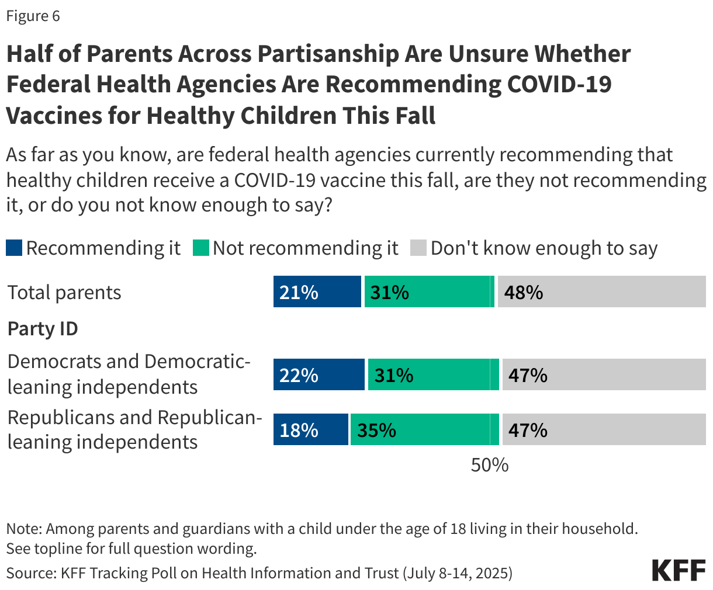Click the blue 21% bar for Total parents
click(317, 291)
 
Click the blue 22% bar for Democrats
click(319, 374)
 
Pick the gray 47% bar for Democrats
click(604, 374)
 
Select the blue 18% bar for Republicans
click(310, 430)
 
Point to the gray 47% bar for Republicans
click(604, 430)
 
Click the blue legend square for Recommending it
click(14, 248)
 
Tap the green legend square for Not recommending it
click(200, 248)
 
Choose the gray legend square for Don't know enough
click(418, 248)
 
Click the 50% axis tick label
click(490, 465)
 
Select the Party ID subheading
click(43, 328)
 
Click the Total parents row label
click(64, 292)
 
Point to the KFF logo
click(679, 570)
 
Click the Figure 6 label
click(33, 16)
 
